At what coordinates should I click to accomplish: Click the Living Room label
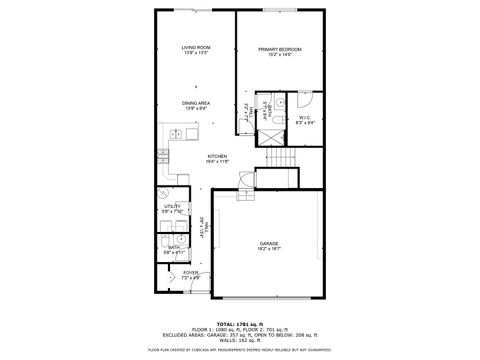(196, 48)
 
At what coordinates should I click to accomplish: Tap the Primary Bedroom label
(279, 49)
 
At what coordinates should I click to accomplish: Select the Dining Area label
(196, 103)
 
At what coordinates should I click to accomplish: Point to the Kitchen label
(217, 156)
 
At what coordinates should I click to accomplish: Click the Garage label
(269, 243)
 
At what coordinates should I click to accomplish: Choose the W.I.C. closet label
(304, 119)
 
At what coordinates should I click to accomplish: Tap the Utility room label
(172, 208)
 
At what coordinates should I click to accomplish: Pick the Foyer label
(190, 271)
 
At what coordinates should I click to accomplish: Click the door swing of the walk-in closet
(307, 100)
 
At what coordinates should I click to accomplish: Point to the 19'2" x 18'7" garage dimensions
(269, 248)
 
